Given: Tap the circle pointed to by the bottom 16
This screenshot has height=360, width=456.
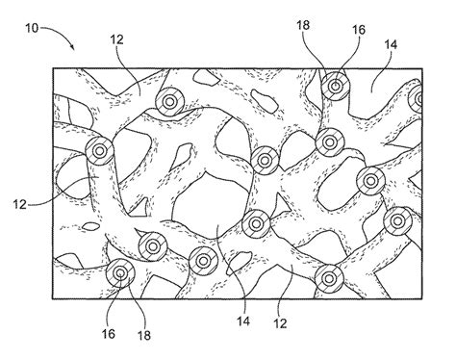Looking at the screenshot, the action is pyautogui.click(x=119, y=272).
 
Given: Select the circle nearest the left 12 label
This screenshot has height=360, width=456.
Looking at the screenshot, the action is pyautogui.click(x=98, y=150).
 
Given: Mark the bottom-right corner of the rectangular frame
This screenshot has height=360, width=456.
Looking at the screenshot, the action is pyautogui.click(x=424, y=296).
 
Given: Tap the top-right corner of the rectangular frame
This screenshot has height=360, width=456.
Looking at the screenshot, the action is pyautogui.click(x=424, y=67).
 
